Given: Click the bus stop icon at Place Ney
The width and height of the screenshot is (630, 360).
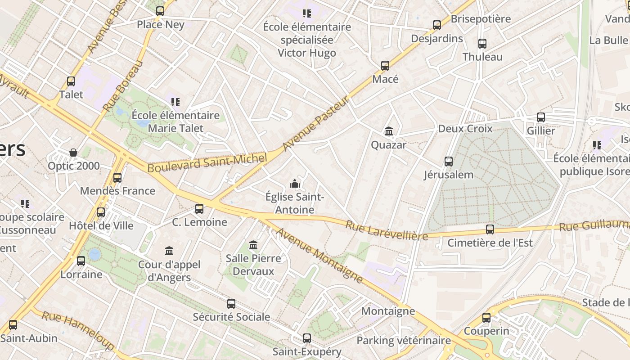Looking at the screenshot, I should point(160,11).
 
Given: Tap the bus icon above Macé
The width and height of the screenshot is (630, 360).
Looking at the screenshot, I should point(385,66).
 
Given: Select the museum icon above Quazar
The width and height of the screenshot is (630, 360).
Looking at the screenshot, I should point(389,131).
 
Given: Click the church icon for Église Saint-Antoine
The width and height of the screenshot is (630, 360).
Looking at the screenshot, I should point(295,184).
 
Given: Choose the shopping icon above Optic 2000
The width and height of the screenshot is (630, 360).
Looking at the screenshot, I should point(73,153).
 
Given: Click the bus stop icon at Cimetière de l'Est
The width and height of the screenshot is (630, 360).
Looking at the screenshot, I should point(490,229).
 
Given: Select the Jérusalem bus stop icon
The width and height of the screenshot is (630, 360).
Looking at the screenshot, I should point(449,162).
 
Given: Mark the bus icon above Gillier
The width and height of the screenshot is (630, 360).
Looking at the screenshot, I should point(541,117).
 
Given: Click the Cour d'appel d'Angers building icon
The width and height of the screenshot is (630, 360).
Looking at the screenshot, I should point(169,251).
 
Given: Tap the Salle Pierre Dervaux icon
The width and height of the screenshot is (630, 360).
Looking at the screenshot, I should point(253,245).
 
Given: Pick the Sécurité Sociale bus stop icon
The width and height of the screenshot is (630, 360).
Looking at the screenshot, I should point(231,304).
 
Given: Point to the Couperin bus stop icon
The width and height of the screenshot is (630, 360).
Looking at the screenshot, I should point(486,318).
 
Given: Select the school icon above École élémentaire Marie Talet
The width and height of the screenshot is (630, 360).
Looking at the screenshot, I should point(175,102).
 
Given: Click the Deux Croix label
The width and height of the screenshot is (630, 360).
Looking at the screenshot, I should point(465,129).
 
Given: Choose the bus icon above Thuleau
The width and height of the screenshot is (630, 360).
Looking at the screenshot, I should point(482,44).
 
